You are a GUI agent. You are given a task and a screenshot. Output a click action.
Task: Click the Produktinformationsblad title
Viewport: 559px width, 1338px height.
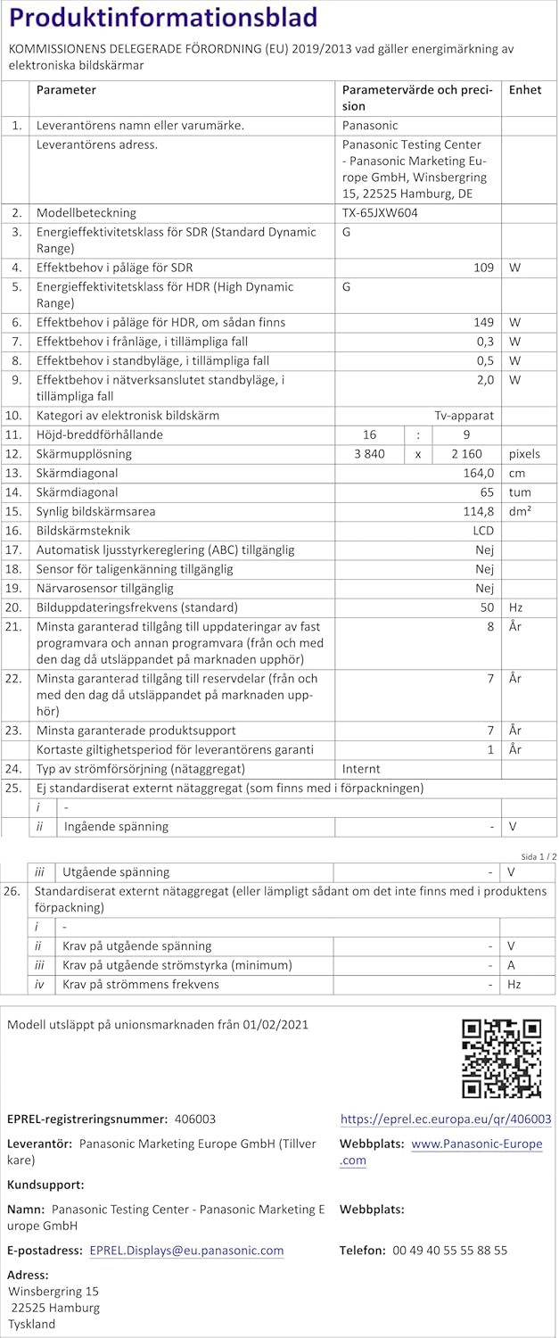point(162,19)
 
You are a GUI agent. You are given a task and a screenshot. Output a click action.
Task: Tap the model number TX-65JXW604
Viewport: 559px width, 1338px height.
point(380,213)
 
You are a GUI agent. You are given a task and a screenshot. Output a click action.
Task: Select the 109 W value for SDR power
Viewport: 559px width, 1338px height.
point(482,268)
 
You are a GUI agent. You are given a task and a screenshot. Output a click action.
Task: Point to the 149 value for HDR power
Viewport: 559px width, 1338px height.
point(482,322)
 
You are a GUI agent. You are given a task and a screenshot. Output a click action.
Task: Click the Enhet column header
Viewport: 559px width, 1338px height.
point(525,90)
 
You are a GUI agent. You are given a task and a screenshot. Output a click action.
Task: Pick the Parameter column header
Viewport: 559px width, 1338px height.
point(66,90)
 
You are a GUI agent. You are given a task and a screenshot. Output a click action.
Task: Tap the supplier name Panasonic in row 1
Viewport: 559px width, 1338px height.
point(370,126)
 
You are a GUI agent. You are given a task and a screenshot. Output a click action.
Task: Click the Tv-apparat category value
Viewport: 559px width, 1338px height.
point(464,416)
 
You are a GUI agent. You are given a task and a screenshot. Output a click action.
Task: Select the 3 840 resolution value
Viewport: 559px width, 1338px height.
point(369,454)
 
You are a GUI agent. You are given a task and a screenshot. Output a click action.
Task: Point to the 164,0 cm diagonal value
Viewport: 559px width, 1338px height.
point(476,474)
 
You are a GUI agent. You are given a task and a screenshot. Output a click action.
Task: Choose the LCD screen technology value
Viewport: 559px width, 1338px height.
point(482,531)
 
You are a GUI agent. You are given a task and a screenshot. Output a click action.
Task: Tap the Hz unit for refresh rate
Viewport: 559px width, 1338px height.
point(515,607)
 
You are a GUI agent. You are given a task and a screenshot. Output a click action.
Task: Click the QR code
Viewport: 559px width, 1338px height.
point(501,1058)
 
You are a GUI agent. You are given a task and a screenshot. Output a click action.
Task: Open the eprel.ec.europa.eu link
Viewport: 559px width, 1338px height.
point(446,1119)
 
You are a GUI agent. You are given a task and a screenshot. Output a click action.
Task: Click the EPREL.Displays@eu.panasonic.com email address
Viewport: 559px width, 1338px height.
point(186,1251)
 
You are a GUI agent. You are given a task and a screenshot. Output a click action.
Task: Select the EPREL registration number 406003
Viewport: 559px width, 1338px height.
point(195,1119)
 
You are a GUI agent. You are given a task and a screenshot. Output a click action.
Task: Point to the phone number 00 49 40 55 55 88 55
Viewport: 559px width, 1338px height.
point(450,1251)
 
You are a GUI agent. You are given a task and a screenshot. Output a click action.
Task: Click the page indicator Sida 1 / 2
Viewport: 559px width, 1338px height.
point(538,856)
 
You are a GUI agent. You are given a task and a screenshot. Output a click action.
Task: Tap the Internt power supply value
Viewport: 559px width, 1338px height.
point(361,769)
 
